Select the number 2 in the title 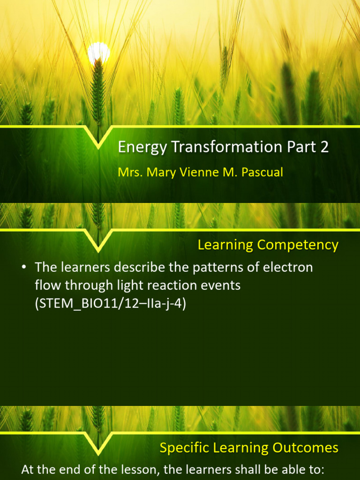pos(324,147)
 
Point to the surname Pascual pos(262,172)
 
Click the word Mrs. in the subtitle pos(131,172)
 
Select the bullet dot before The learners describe pos(23,268)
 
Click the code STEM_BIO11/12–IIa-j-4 pos(111,304)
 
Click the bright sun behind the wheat pos(98,52)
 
